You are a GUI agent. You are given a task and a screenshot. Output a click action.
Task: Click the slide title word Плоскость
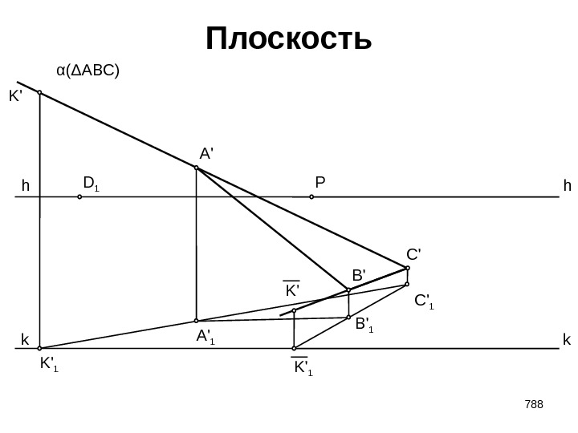tap(289, 38)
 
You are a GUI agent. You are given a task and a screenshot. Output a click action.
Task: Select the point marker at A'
tap(196, 168)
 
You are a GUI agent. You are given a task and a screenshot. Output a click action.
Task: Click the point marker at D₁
tap(79, 196)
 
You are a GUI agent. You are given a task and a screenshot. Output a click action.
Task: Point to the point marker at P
tap(311, 196)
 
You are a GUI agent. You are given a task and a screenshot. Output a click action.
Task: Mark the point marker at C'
tap(408, 268)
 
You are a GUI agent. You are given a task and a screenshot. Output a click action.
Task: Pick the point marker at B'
tap(348, 289)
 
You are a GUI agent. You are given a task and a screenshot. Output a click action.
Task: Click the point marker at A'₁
tap(196, 321)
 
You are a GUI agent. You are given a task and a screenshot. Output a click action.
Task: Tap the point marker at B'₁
tap(348, 318)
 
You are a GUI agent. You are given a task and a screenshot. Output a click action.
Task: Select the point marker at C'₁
tap(408, 284)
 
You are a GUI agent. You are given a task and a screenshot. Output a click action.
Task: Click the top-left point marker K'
tap(39, 92)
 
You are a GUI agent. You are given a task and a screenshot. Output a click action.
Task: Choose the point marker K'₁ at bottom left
tap(39, 349)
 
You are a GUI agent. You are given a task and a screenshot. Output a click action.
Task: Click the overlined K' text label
tap(291, 289)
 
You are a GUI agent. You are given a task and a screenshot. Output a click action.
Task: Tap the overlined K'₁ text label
tap(303, 369)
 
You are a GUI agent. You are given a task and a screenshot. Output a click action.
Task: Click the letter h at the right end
tap(568, 186)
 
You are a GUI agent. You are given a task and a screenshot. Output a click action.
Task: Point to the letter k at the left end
tap(24, 340)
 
